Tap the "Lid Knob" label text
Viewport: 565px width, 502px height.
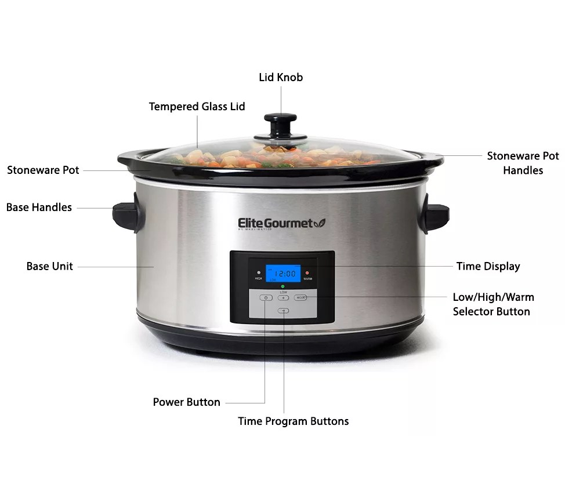281,77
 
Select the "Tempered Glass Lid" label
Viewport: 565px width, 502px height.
197,107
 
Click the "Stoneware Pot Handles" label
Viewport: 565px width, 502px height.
523,163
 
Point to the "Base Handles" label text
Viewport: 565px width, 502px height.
39,207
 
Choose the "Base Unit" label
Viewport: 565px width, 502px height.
50,266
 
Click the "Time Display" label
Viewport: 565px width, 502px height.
488,266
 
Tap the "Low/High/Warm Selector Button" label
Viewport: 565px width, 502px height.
493,304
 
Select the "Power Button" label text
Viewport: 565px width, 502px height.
186,402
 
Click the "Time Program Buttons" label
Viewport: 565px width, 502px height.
293,421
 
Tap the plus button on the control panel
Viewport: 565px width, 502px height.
283,297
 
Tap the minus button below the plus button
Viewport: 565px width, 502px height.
283,311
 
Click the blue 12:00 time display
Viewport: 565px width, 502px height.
283,273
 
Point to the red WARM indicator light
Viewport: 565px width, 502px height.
307,272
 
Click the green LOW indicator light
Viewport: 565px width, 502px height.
282,288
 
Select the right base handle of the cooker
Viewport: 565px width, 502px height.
436,215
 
